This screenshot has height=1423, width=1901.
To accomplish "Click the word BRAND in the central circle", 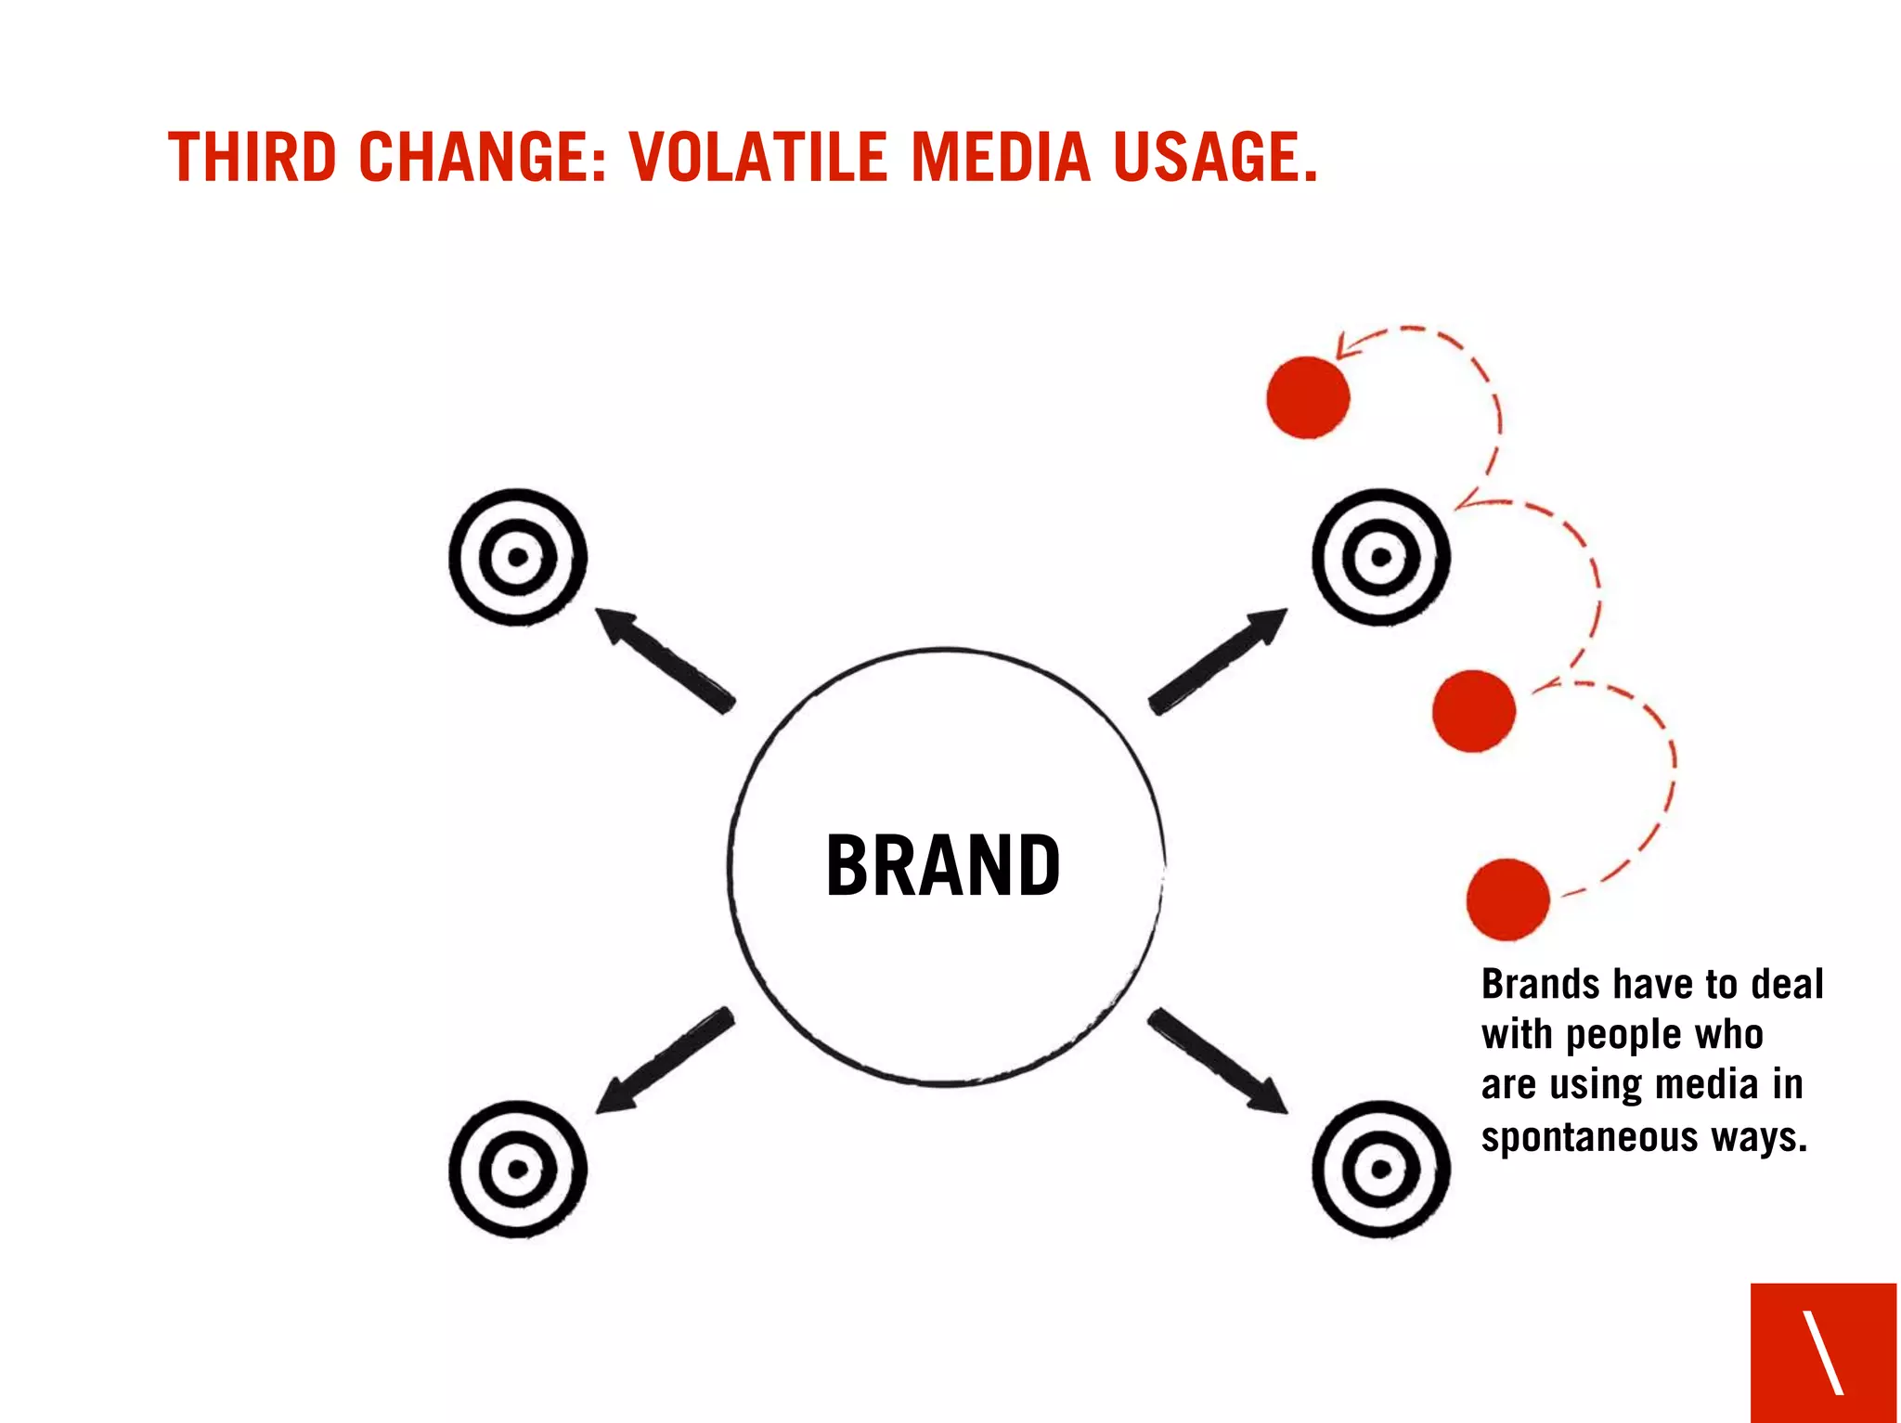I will point(943,865).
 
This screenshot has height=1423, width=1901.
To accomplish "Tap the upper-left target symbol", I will point(518,557).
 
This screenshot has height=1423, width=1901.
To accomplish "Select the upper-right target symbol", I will point(1381,557).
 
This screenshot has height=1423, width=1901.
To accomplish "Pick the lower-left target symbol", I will point(518,1169).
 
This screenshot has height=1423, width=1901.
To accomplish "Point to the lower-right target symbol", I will point(1381,1169).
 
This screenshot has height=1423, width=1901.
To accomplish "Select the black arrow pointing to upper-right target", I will point(1218,660).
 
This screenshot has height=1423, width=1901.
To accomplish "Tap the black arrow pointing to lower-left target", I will point(663,1062).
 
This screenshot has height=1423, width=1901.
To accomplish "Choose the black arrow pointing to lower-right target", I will point(1218,1062).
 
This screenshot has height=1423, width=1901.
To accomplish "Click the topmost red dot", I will point(1308,397).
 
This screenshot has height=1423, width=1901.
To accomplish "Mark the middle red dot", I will point(1473,710).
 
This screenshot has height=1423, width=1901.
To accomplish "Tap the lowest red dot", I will point(1508,899).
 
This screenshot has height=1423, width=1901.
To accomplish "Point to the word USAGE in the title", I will point(1214,157).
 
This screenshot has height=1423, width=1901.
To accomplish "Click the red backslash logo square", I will point(1823,1352).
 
